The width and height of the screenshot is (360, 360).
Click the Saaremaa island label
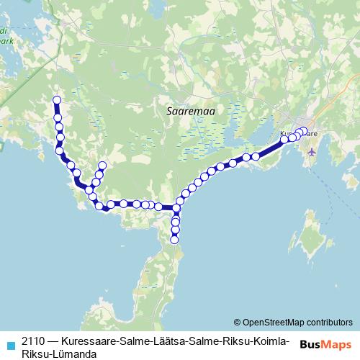tap(191, 112)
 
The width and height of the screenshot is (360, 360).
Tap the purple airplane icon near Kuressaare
tap(312, 151)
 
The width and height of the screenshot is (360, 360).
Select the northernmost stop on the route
tap(57, 101)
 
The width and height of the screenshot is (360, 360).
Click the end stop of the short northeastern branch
tap(102, 166)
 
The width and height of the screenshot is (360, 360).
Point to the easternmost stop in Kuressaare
tap(304, 131)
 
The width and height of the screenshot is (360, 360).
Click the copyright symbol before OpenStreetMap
tap(237, 322)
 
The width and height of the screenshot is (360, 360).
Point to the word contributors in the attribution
tap(329, 322)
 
